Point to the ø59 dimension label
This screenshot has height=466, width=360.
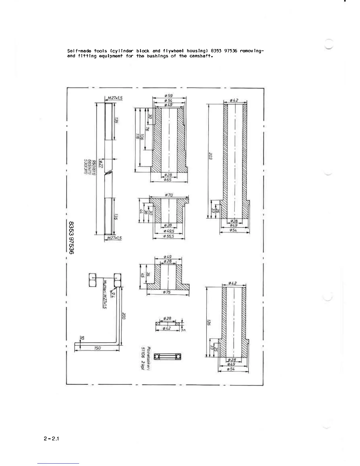pyautogui.click(x=169, y=96)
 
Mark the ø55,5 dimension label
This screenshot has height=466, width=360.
pyautogui.click(x=169, y=236)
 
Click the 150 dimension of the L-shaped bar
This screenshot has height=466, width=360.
pyautogui.click(x=97, y=348)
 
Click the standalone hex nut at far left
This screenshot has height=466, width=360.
pyautogui.click(x=92, y=280)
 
